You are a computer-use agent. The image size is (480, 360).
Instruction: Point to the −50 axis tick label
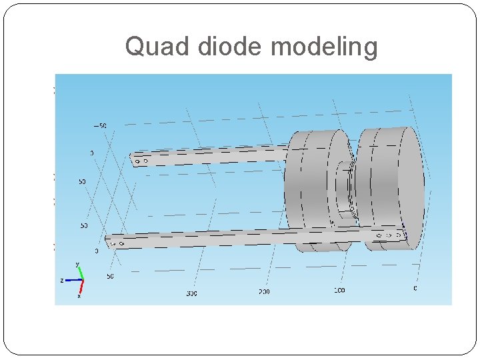pyautogui.click(x=100, y=126)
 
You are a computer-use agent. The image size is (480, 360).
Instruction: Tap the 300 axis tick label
pyautogui.click(x=191, y=293)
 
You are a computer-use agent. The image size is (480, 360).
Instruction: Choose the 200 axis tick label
pyautogui.click(x=264, y=292)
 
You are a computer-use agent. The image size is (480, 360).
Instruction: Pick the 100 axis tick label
pyautogui.click(x=339, y=291)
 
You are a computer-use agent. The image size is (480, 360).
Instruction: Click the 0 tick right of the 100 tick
pyautogui.click(x=415, y=289)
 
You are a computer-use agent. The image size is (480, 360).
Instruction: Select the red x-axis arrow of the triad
pyautogui.click(x=81, y=287)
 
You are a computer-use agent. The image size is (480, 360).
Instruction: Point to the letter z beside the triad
pyautogui.click(x=62, y=281)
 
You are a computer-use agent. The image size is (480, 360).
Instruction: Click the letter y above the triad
pyautogui.click(x=77, y=265)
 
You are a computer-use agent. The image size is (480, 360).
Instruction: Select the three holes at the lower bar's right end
pyautogui.click(x=389, y=235)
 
